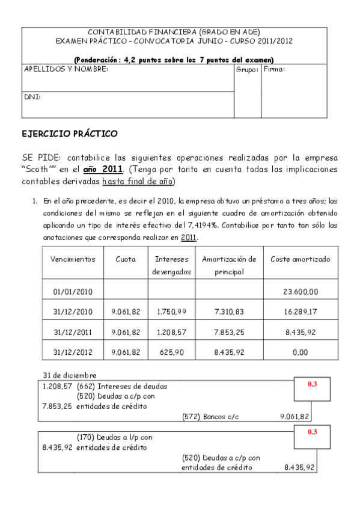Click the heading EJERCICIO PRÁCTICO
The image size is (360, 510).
pos(69,133)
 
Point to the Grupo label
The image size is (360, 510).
pos(247,70)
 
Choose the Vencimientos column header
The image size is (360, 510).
pos(73,259)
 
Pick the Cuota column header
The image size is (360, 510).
pos(126,259)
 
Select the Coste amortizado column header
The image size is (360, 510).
pos(300,259)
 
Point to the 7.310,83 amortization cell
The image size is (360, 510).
pos(229,312)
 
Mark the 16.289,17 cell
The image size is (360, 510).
pos(300,312)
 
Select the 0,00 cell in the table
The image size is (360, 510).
pos(300,352)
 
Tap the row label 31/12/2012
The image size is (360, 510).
pos(73,352)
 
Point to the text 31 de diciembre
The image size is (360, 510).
pos(70,375)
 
